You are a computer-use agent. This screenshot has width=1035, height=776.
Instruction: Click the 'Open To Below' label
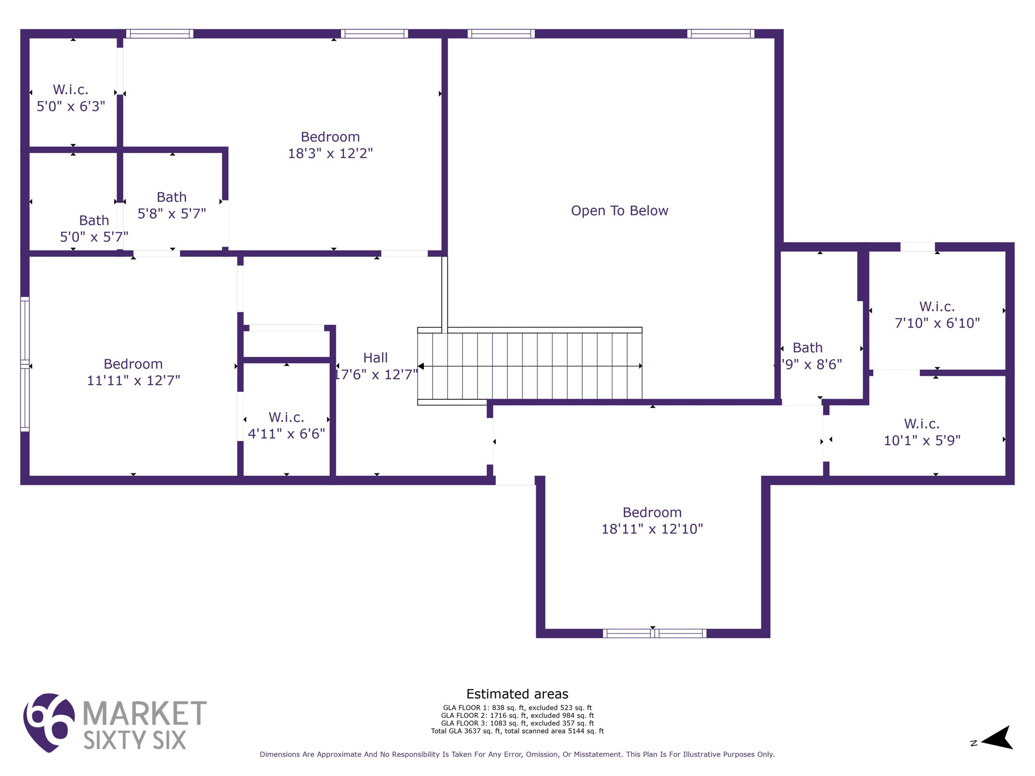[x=619, y=211]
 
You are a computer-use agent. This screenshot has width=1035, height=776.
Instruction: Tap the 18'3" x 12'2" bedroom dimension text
[x=330, y=154]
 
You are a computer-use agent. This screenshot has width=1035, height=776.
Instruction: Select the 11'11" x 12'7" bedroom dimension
[x=133, y=380]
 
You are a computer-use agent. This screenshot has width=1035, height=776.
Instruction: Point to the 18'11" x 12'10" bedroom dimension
[x=652, y=529]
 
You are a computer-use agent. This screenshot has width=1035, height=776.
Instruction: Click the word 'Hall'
[x=375, y=358]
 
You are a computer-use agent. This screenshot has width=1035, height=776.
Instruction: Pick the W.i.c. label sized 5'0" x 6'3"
[x=71, y=90]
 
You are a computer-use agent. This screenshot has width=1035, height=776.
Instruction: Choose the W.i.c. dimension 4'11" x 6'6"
[x=287, y=434]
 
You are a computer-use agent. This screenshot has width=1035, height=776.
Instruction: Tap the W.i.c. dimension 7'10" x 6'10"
[x=937, y=323]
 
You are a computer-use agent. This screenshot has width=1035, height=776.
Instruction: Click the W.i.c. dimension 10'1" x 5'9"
[x=922, y=441]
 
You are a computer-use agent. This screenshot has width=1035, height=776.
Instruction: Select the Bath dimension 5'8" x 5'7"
[x=172, y=214]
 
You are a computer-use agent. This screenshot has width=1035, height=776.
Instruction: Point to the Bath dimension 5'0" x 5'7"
[x=94, y=237]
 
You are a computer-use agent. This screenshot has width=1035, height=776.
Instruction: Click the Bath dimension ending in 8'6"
[x=809, y=364]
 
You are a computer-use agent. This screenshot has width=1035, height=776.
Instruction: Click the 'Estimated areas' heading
[x=517, y=694]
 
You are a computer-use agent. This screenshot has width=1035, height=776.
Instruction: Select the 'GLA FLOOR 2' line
[x=517, y=715]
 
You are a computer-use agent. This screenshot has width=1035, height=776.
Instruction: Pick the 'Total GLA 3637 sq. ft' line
[x=517, y=731]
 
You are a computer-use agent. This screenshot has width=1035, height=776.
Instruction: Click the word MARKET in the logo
[x=144, y=713]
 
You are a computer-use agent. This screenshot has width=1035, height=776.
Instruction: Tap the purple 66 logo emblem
[x=49, y=722]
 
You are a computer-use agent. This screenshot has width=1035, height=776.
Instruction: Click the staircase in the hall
[x=530, y=366]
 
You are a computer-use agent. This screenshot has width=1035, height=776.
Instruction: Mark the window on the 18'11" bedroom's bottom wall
[x=654, y=634]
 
